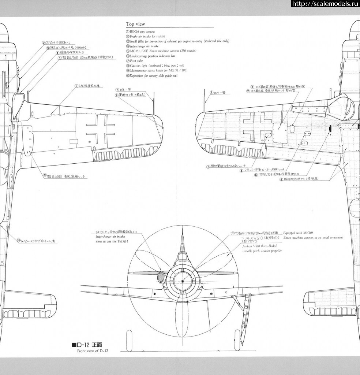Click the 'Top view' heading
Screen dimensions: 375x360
(x=135, y=24)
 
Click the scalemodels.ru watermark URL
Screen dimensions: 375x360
(x=325, y=4)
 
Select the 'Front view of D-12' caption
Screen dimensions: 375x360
(x=93, y=351)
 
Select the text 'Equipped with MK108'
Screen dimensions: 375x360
(x=298, y=233)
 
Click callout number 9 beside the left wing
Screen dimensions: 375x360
(x=45, y=175)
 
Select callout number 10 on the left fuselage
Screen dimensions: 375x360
(x=18, y=241)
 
